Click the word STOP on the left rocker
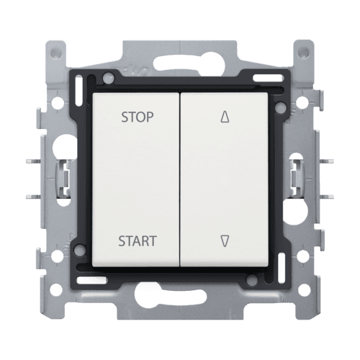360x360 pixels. tap(138, 117)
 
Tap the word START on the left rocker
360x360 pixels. tap(138, 241)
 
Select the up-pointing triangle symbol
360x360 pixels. tap(225, 117)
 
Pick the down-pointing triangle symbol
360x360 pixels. tap(225, 241)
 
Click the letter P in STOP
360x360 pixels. tap(150, 117)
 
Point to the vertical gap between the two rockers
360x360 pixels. tap(180, 179)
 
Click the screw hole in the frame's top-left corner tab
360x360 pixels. tap(56, 53)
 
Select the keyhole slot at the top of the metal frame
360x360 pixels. tap(189, 62)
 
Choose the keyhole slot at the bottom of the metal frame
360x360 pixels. tap(171, 294)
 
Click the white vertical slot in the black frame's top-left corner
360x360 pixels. tap(78, 91)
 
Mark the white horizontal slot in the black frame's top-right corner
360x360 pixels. tap(268, 78)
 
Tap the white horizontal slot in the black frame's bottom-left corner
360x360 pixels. tap(91, 280)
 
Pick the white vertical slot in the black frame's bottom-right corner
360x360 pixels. tap(282, 269)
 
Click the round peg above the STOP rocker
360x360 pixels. tap(108, 78)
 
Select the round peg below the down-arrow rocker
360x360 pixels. tap(252, 280)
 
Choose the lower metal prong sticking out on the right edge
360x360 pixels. tap(327, 197)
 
